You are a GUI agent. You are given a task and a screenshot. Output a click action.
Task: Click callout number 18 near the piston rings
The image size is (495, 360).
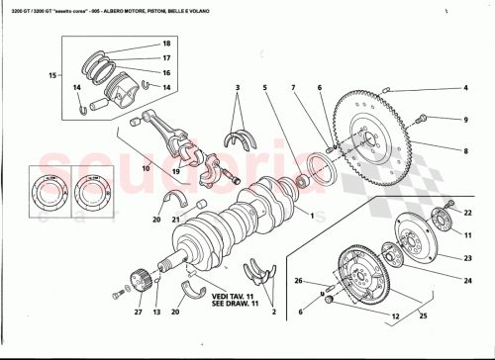(x=166, y=45)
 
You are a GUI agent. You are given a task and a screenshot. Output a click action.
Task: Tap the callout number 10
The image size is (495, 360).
(x=145, y=167)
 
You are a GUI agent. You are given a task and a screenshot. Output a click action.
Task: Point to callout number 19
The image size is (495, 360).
(x=175, y=171)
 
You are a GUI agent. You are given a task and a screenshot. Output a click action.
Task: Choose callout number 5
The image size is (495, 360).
(x=265, y=88)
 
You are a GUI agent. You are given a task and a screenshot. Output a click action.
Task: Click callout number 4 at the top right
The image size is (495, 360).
(x=464, y=88)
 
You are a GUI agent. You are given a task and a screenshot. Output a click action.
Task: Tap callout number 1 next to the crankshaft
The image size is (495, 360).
(x=310, y=216)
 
